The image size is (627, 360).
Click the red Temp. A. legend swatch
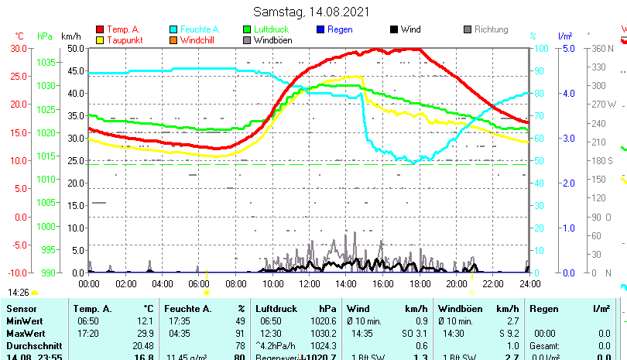tap(100, 29)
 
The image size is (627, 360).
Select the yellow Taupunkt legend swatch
tap(100, 40)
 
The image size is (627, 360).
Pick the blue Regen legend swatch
tap(321, 29)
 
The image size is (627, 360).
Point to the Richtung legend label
tap(491, 29)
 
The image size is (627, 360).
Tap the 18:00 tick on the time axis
tap(419, 284)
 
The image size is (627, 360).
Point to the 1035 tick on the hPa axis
tap(46, 62)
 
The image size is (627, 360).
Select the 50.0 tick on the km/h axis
tap(75, 48)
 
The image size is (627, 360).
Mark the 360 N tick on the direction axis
tap(603, 48)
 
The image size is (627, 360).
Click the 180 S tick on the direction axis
tap(603, 161)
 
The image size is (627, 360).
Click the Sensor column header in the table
tap(22, 309)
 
